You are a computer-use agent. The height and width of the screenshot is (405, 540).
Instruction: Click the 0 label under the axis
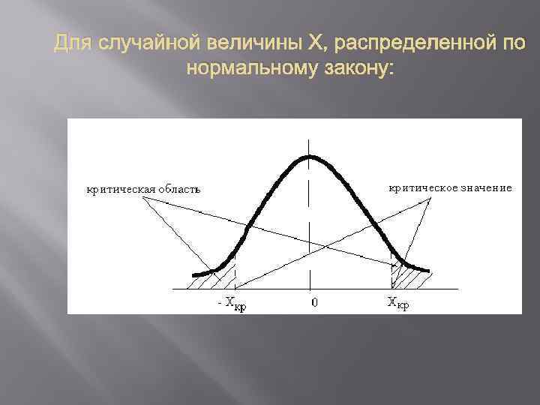coord(314,303)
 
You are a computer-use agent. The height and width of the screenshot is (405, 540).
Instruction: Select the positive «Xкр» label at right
coord(397,304)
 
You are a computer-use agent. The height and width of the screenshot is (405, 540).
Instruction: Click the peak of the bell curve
coord(309,157)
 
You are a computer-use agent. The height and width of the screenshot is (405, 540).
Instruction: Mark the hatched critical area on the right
coord(409,278)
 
